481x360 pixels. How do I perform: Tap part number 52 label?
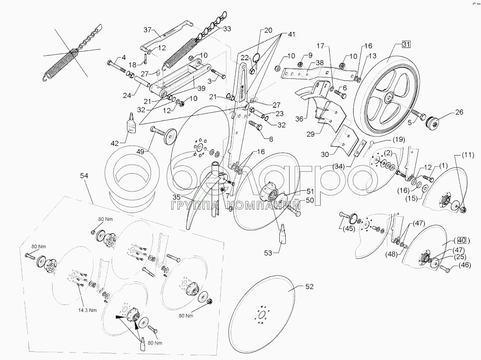(x=309, y=287)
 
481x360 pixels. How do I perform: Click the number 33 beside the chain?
(x=227, y=29)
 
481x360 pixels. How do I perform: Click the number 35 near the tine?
(x=176, y=197)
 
